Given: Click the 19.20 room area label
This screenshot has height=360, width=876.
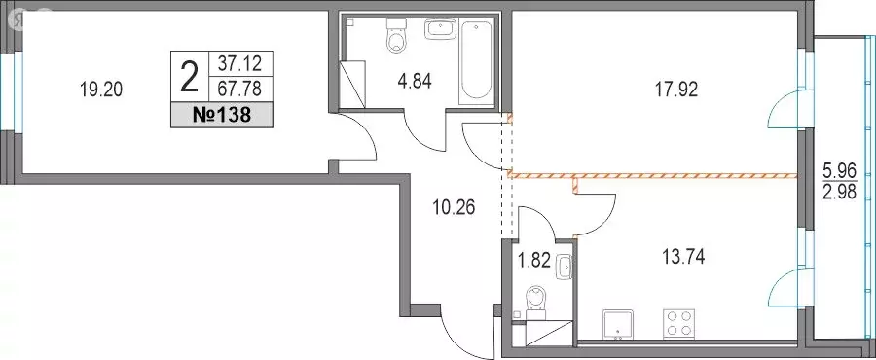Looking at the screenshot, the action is [x=101, y=90].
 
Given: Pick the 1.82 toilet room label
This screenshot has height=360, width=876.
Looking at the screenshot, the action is [x=535, y=260].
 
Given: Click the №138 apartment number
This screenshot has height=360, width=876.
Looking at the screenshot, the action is [x=221, y=116].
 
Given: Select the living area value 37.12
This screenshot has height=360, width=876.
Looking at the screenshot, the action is [x=239, y=64].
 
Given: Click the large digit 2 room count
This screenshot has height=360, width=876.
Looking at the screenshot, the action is [x=190, y=78].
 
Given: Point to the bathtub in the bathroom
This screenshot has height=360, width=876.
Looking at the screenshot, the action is [x=477, y=63].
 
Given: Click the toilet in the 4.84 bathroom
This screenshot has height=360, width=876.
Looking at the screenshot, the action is [x=397, y=35].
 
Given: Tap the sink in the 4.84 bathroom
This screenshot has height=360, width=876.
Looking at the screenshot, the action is [x=440, y=29].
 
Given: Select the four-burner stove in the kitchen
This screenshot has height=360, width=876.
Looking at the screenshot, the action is [x=677, y=323].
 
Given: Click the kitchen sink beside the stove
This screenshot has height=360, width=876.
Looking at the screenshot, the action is [x=618, y=324].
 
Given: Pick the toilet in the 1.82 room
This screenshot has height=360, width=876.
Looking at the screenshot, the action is [x=536, y=301].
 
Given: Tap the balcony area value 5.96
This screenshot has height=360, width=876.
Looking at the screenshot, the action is [x=840, y=168].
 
